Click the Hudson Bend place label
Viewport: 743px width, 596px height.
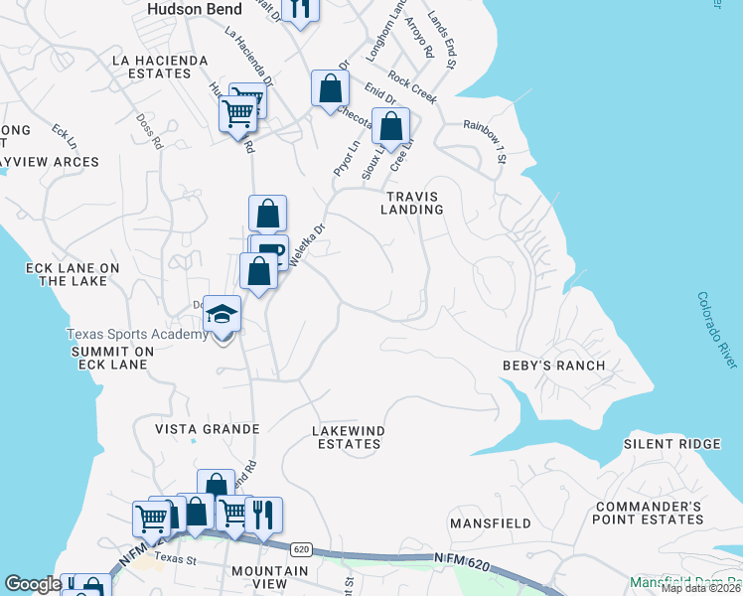(190, 8)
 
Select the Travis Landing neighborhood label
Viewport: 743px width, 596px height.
(413, 203)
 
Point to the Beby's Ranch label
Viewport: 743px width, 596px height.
(553, 366)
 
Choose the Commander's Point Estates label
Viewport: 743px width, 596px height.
(648, 513)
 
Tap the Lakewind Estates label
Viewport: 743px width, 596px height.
(347, 437)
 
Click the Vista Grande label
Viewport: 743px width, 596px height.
(207, 429)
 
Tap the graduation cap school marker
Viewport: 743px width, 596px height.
(223, 315)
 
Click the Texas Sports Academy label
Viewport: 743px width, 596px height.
(138, 335)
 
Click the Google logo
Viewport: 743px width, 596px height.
(33, 584)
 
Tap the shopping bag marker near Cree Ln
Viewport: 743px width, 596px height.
(392, 126)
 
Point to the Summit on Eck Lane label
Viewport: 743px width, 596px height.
(108, 358)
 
